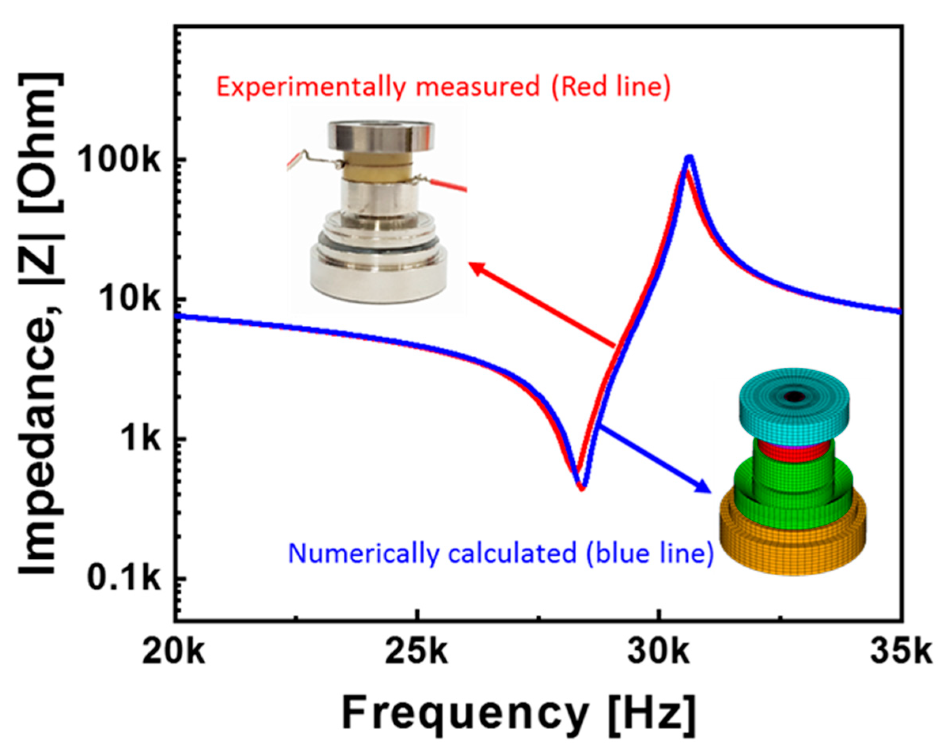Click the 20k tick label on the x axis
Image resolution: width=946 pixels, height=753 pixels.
tap(174, 653)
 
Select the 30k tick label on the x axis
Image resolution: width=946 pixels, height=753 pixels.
tap(659, 653)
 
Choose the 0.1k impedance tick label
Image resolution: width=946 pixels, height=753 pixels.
tap(124, 579)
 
